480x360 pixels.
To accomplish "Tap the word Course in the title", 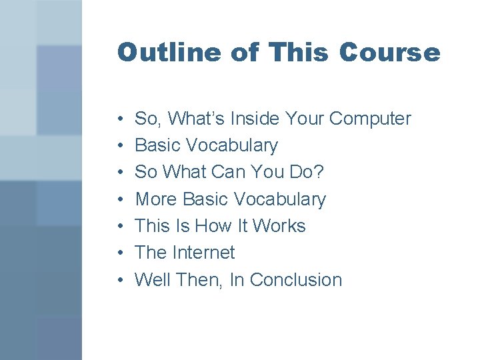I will point(389,53).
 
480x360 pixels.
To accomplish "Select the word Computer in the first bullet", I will point(370,119).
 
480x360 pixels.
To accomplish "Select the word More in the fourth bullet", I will point(157,199).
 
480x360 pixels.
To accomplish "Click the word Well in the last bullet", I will point(153,280).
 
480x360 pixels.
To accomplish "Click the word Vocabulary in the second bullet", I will point(233,145).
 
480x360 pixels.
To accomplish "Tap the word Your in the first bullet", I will point(305,119).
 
